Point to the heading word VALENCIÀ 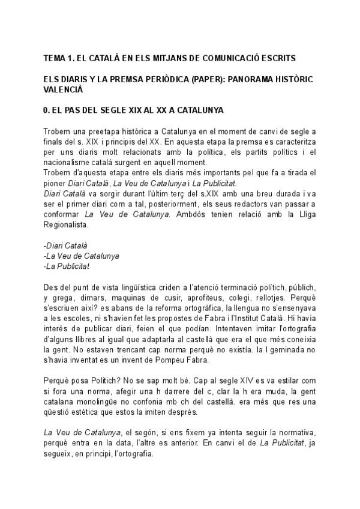tap(62, 89)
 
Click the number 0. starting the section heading tap(47, 111)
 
